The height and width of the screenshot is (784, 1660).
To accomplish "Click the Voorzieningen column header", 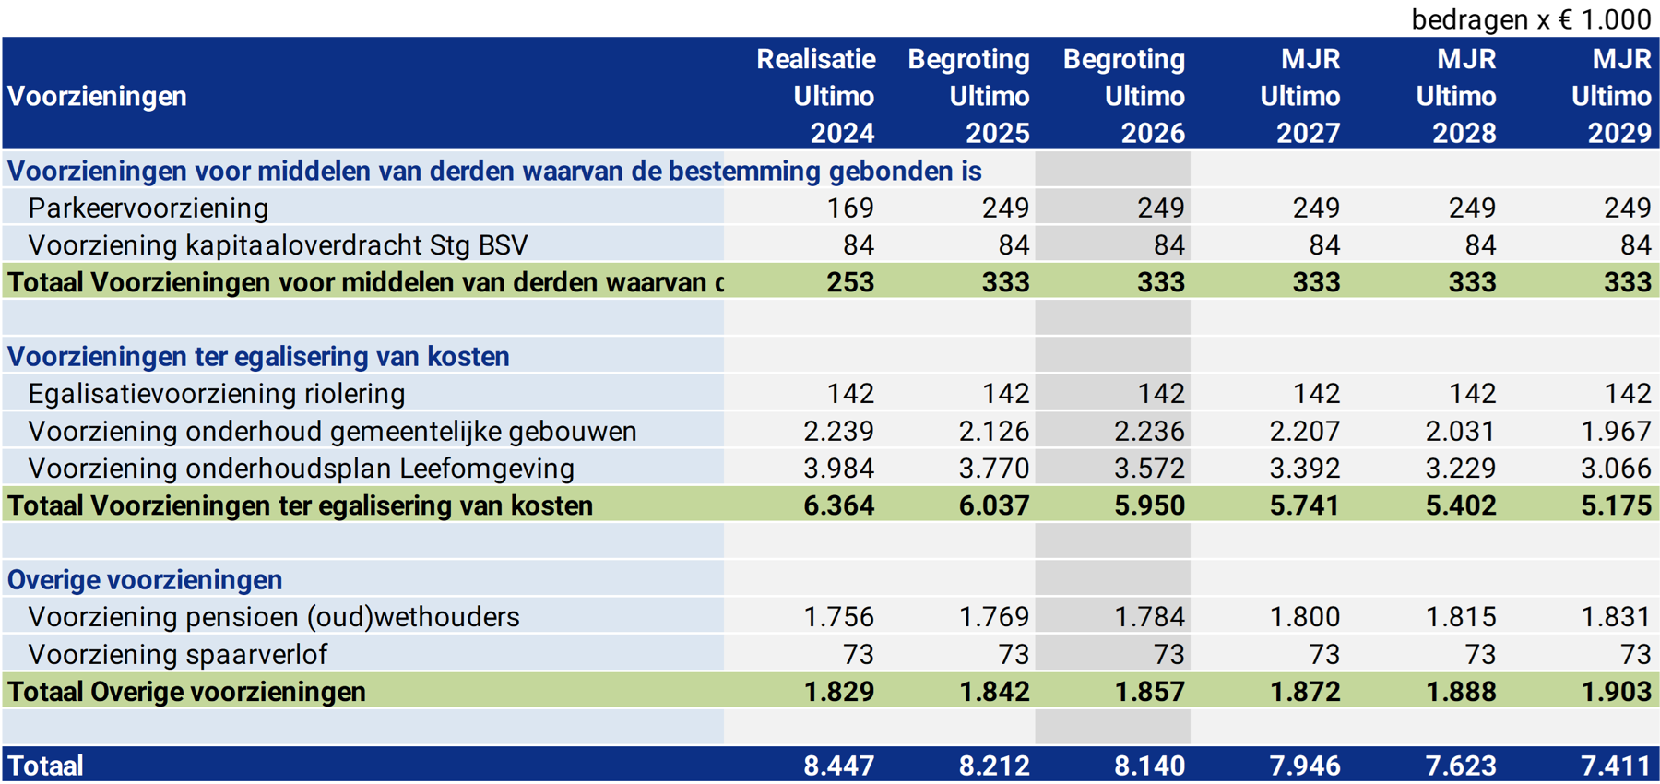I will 97,96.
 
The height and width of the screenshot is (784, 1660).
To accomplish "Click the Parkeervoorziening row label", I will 148,208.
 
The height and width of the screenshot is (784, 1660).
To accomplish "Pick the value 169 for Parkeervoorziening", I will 849,208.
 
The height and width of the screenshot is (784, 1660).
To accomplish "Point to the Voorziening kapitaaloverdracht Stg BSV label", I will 278,245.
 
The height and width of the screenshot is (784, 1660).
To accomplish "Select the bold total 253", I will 849,282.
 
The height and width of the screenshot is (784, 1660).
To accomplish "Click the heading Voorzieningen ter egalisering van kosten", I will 258,357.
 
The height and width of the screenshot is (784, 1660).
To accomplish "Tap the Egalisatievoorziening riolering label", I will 217,394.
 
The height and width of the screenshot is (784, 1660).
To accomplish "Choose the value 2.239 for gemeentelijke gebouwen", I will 838,431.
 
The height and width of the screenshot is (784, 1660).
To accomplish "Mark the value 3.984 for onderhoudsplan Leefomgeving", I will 838,469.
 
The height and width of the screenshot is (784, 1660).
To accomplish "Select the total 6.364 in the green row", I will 838,505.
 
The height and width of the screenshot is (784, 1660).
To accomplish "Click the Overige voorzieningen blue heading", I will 145,580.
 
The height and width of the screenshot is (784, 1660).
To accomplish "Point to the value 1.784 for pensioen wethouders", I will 1149,617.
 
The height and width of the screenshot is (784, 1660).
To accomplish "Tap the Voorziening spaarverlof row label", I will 177,655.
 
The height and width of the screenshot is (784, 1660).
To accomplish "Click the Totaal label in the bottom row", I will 46,766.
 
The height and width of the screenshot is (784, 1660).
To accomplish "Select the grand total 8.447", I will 838,766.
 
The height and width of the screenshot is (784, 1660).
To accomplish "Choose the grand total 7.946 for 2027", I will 1305,766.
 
